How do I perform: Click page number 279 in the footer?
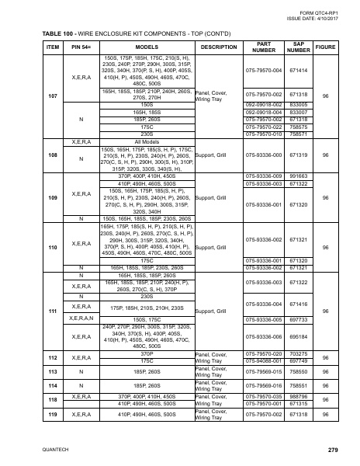click(x=333, y=450)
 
